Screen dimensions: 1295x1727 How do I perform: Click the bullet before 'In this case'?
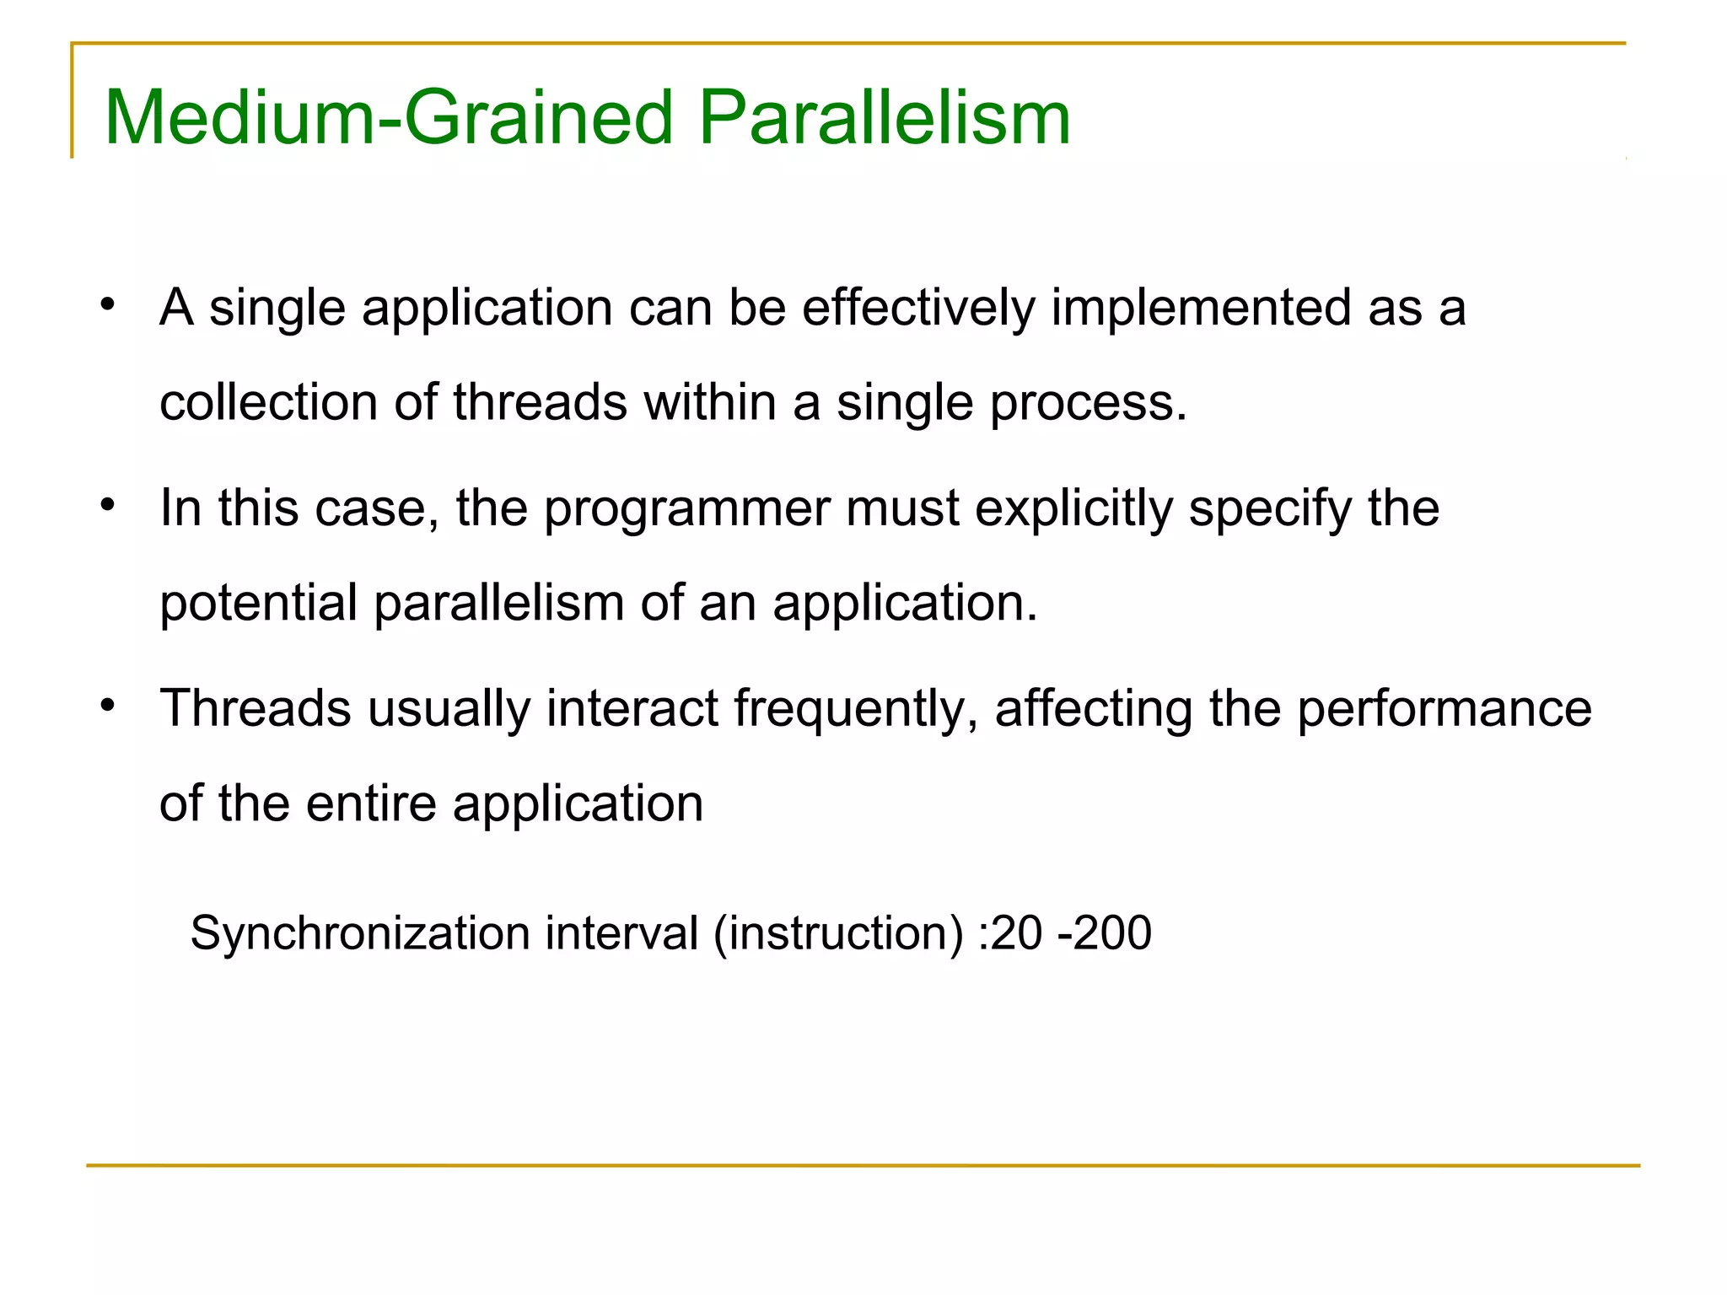pyautogui.click(x=106, y=505)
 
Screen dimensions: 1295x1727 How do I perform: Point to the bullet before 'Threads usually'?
pyautogui.click(x=106, y=705)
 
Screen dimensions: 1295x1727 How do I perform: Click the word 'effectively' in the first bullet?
pyautogui.click(x=917, y=308)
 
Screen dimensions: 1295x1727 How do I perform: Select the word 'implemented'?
pyautogui.click(x=1200, y=308)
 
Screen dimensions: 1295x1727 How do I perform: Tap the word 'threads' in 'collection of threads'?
pyautogui.click(x=540, y=402)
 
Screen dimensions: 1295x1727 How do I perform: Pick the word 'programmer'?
pyautogui.click(x=686, y=510)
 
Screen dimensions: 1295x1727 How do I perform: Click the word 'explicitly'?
pyautogui.click(x=1073, y=510)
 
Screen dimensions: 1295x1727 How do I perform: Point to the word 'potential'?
pyautogui.click(x=258, y=605)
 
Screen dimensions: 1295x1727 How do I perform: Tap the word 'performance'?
pyautogui.click(x=1444, y=710)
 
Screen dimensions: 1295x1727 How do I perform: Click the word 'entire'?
pyautogui.click(x=371, y=803)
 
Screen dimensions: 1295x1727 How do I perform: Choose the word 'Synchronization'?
pyautogui.click(x=359, y=934)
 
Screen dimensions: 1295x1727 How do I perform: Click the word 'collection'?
pyautogui.click(x=268, y=402)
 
